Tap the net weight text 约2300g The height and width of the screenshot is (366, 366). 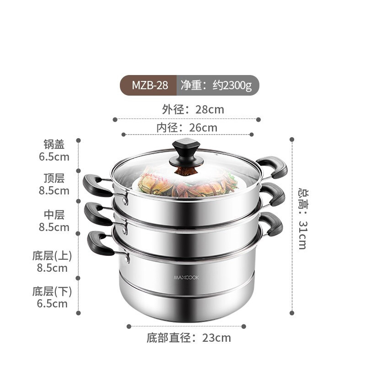217,85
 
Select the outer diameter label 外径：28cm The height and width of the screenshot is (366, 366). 193,109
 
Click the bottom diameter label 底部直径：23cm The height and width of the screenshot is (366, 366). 188,339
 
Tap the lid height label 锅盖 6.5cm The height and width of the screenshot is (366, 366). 54,151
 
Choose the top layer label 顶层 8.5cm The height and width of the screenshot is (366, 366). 54,184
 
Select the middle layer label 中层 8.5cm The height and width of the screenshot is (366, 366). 54,221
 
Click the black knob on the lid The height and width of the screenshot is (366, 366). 186,152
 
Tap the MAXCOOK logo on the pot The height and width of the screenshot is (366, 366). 186,276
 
